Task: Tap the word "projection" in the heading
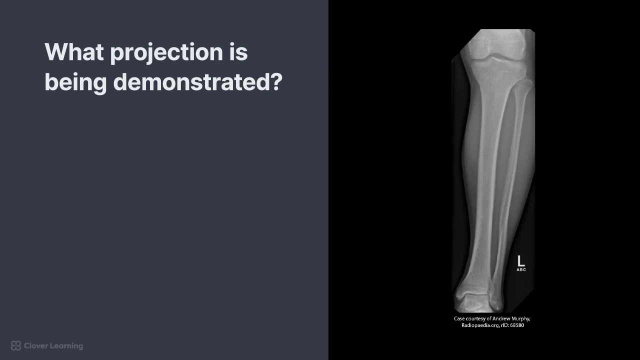pos(166,53)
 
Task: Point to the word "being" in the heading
pos(75,83)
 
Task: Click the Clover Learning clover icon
pos(16,345)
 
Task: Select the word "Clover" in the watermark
pos(35,346)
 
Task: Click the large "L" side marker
pos(521,261)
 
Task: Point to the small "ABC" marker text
pos(521,269)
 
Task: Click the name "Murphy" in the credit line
pos(520,319)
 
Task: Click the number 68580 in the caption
pos(517,325)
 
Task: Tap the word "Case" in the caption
pos(459,318)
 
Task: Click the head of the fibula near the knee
pos(525,85)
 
